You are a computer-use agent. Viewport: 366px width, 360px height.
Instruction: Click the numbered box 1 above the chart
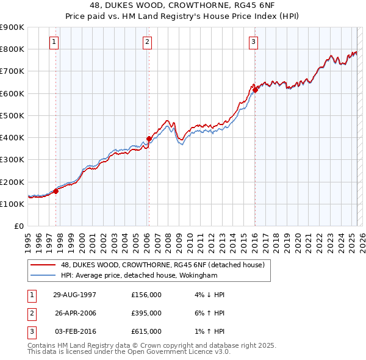pos(54,42)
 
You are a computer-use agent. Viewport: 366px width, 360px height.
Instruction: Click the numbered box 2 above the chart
pos(148,42)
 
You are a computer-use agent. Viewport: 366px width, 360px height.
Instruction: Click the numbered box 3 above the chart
pos(253,42)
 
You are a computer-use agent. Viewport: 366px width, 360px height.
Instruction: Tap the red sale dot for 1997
pos(56,191)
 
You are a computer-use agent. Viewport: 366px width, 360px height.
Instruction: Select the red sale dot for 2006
pos(149,139)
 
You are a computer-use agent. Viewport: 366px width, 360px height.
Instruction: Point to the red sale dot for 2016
pos(255,90)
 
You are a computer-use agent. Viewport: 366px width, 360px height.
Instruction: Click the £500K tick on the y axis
pos(12,115)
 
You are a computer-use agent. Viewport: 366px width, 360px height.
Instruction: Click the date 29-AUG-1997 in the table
pos(75,295)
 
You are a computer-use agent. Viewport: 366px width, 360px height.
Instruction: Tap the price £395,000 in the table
pos(146,313)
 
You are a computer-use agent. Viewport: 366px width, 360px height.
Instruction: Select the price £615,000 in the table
pos(146,331)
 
